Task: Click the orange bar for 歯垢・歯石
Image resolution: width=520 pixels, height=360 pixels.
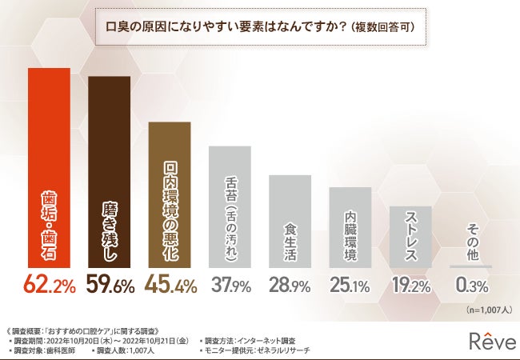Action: (49, 168)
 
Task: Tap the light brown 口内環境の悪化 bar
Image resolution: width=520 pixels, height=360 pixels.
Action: (170, 196)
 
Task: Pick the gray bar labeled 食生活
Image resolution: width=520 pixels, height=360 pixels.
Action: (290, 221)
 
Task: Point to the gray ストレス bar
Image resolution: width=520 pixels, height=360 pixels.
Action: (410, 236)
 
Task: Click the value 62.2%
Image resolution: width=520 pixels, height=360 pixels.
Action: (50, 285)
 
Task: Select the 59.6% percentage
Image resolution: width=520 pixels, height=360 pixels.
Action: (110, 285)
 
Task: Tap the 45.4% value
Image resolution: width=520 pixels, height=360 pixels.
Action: (170, 285)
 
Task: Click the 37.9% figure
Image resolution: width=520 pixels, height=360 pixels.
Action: (230, 285)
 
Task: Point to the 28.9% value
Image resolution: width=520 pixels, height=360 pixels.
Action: (290, 285)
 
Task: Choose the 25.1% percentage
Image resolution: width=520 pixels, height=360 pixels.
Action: (350, 285)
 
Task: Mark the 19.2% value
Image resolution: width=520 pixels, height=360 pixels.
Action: (410, 285)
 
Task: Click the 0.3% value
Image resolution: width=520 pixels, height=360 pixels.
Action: (470, 285)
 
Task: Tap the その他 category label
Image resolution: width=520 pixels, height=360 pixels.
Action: (470, 239)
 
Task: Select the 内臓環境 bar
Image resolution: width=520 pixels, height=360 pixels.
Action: (350, 228)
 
